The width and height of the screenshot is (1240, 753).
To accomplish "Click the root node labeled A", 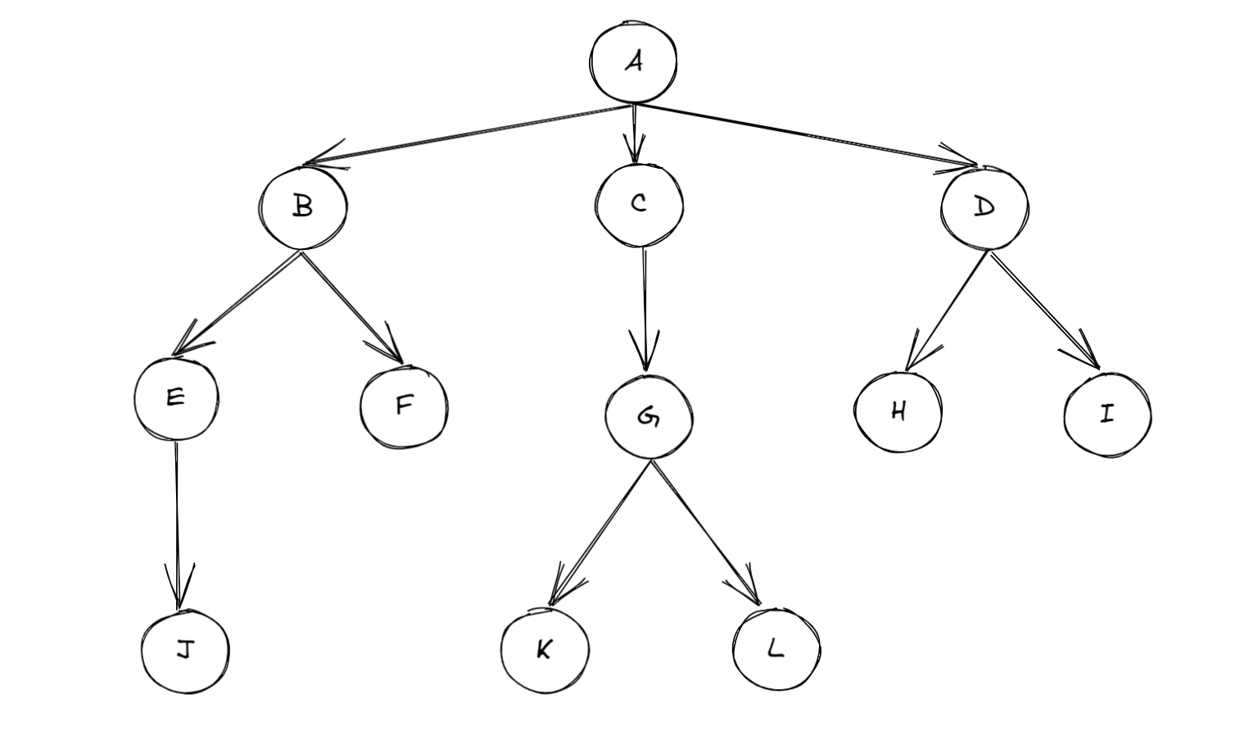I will (633, 62).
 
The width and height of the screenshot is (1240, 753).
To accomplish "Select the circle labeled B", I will (303, 206).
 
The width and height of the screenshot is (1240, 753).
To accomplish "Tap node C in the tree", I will (639, 204).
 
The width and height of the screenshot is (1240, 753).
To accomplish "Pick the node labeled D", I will (984, 207).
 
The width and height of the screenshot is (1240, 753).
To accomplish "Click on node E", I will (175, 398).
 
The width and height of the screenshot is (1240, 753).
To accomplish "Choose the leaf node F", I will (404, 406).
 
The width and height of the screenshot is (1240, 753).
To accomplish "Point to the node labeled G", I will (649, 416).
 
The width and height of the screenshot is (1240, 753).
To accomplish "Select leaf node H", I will (898, 411).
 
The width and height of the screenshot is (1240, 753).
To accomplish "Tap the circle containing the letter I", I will (1107, 414).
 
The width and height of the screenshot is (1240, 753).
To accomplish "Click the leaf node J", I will (185, 651).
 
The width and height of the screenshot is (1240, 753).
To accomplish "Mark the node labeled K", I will (544, 650).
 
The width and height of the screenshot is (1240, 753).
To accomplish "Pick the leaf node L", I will (776, 650).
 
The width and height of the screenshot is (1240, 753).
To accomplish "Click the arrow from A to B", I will (467, 134).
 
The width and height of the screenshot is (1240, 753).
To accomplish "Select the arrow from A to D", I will (807, 136).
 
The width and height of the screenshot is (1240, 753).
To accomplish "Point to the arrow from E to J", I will (176, 524).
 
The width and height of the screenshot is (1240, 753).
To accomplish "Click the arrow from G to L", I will (705, 533).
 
